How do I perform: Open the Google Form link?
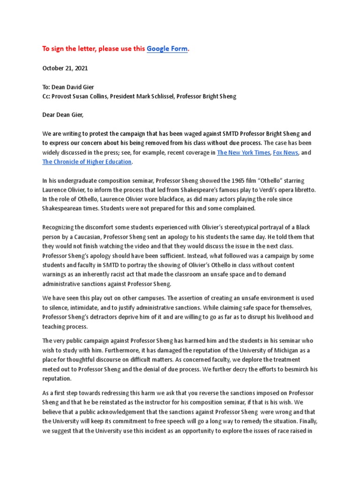click(167, 49)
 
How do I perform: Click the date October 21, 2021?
click(65, 68)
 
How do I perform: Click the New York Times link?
click(243, 152)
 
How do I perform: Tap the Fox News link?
click(285, 152)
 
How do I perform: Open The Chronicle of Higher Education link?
click(87, 162)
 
